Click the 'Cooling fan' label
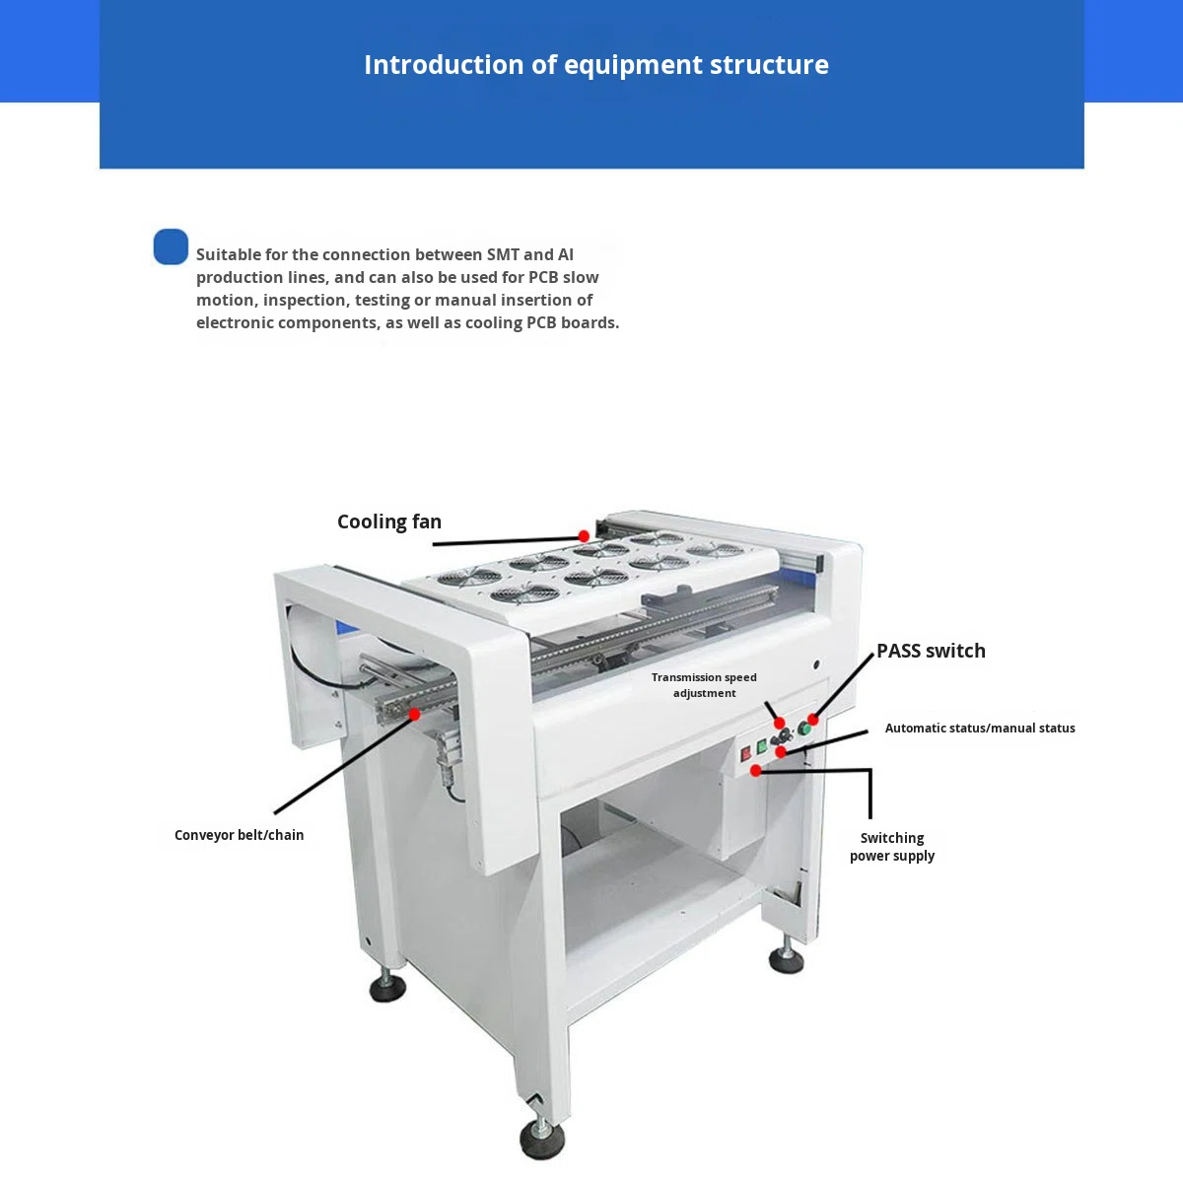pyautogui.click(x=389, y=522)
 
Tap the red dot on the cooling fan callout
pyautogui.click(x=584, y=536)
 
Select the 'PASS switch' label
pyautogui.click(x=931, y=651)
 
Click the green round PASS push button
pyautogui.click(x=803, y=729)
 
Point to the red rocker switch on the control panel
pyautogui.click(x=746, y=753)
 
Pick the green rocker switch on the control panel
pyautogui.click(x=761, y=746)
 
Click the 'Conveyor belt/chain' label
pyautogui.click(x=239, y=835)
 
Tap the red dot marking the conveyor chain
pyautogui.click(x=414, y=714)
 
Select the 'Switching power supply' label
pyautogui.click(x=892, y=847)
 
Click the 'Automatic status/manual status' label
pyautogui.click(x=980, y=729)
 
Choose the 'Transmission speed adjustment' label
pyautogui.click(x=704, y=685)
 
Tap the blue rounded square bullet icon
pyautogui.click(x=171, y=246)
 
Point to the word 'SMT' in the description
pyautogui.click(x=503, y=254)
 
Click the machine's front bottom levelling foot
pyautogui.click(x=541, y=1139)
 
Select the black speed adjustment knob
pyautogui.click(x=786, y=735)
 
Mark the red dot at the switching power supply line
pyautogui.click(x=756, y=771)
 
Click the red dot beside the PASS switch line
pyautogui.click(x=812, y=720)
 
